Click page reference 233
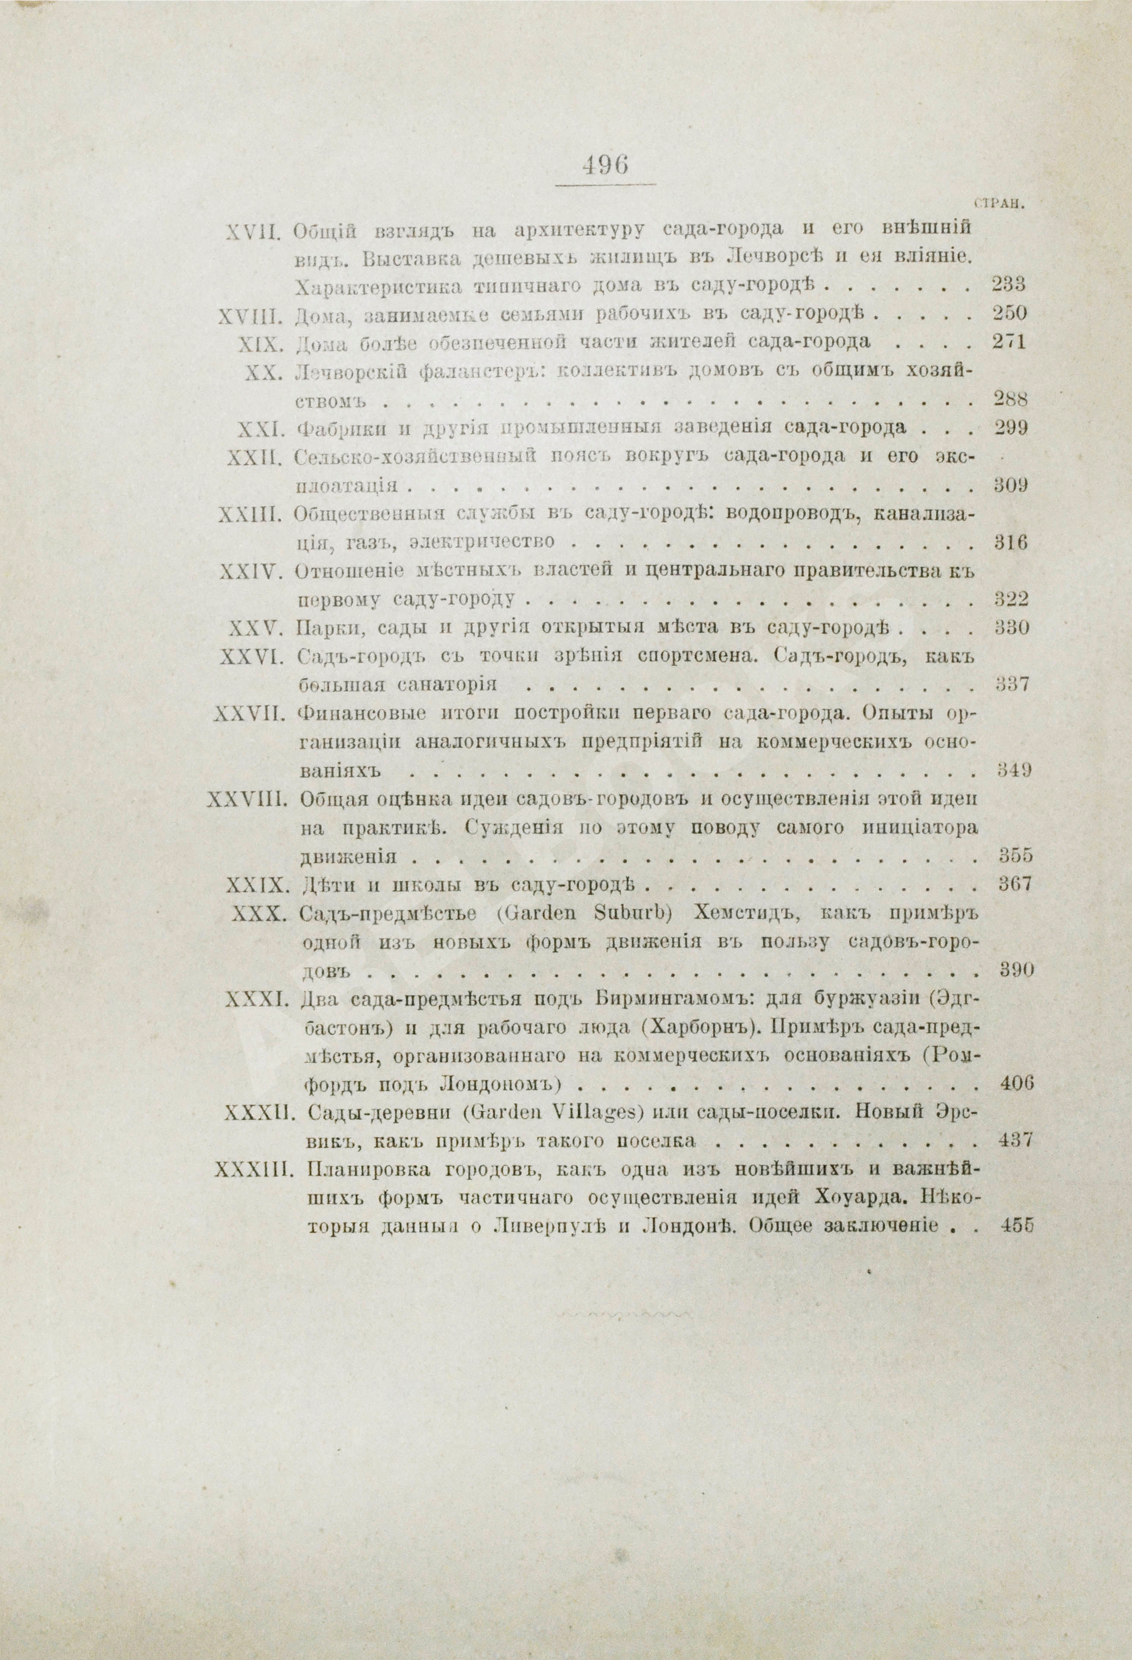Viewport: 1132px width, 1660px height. (x=1009, y=285)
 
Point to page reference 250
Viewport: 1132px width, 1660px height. (x=1009, y=314)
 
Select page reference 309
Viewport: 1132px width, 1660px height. (x=1010, y=486)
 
